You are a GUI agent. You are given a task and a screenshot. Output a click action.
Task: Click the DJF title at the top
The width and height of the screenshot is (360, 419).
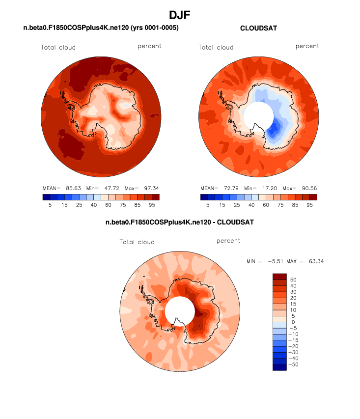(180, 15)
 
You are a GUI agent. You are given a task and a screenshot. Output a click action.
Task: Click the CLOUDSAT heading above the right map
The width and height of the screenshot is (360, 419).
(258, 28)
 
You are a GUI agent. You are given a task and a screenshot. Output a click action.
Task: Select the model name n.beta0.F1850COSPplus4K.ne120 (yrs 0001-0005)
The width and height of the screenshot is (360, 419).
(101, 28)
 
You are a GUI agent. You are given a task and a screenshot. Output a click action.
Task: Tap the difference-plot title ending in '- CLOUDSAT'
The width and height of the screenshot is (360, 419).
(180, 223)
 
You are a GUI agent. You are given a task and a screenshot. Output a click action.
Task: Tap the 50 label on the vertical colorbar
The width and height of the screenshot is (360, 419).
(293, 279)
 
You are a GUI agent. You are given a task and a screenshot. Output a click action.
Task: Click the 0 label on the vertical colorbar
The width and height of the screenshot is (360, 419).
(293, 322)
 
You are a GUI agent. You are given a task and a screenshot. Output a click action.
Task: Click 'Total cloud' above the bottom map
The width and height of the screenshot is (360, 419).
(137, 242)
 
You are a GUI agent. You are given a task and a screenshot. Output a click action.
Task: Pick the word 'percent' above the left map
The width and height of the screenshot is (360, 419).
(149, 46)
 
